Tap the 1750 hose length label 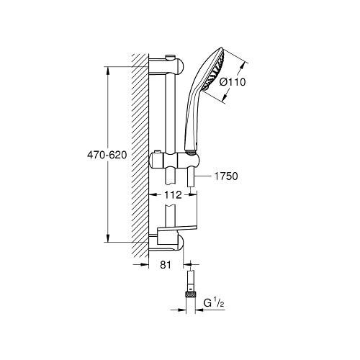(228, 175)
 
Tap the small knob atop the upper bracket (171, 55)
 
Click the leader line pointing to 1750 (204, 175)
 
